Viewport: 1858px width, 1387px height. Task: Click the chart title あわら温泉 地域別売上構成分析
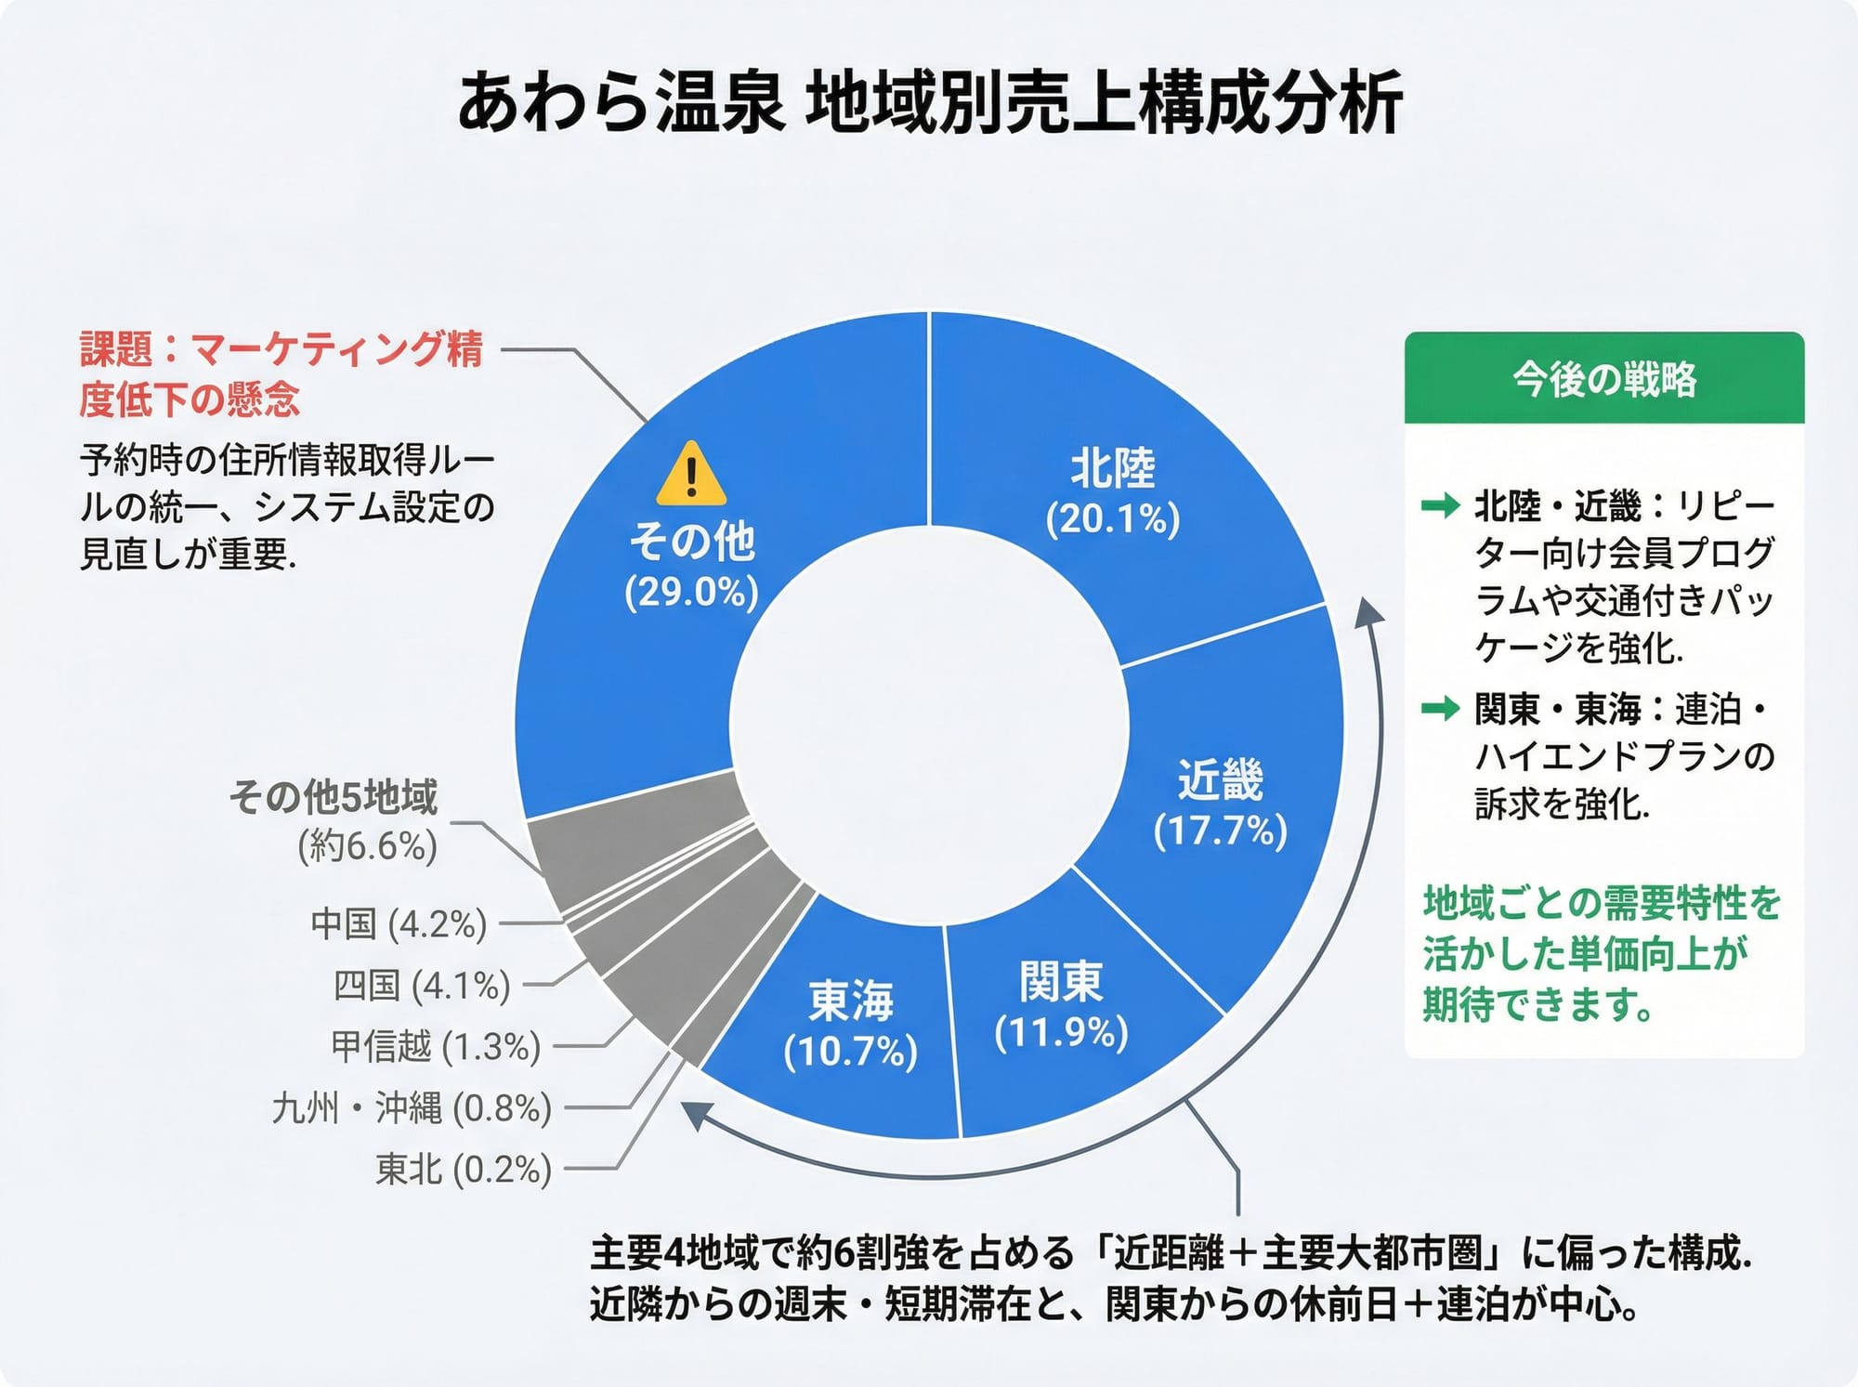tap(929, 104)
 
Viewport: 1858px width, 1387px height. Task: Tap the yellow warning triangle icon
tap(690, 474)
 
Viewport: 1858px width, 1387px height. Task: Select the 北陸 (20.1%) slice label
tap(1113, 492)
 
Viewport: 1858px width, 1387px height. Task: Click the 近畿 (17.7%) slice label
tap(1220, 805)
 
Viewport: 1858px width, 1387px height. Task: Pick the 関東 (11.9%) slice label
tap(1061, 1006)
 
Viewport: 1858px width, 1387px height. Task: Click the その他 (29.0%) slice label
tap(692, 565)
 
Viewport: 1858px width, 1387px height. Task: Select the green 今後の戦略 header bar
tap(1603, 379)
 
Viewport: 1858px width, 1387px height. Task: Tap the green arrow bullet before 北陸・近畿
tap(1441, 506)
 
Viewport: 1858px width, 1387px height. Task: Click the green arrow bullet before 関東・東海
tap(1441, 710)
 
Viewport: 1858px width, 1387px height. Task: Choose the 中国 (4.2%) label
tap(399, 924)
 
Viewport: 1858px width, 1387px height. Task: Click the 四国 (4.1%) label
tap(422, 986)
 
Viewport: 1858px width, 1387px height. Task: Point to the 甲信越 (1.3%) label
tap(436, 1047)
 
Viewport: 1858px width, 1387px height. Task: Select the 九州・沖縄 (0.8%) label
tap(412, 1108)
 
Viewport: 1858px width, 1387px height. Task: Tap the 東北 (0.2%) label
tap(463, 1170)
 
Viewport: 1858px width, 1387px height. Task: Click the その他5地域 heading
tap(334, 797)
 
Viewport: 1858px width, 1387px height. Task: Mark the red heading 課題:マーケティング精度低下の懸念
tap(281, 374)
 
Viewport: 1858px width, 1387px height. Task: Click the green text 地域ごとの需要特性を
tap(1602, 903)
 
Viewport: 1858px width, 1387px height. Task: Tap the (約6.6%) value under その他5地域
tap(367, 846)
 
